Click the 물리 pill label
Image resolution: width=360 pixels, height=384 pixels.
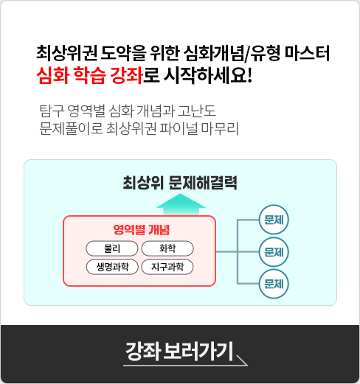[x=112, y=248]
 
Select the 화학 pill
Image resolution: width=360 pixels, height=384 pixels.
[x=167, y=248]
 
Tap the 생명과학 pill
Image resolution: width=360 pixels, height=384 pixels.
[x=112, y=267]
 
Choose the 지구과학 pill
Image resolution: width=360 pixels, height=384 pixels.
[x=167, y=267]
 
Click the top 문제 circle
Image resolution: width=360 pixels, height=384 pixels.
[x=274, y=220]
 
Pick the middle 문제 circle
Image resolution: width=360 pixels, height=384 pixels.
[x=274, y=252]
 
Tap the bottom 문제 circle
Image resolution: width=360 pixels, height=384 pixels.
[x=274, y=284]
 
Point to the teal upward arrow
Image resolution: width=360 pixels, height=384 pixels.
[x=181, y=204]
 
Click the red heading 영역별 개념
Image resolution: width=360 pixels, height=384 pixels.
[x=142, y=230]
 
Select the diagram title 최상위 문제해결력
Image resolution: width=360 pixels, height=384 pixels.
[x=180, y=183]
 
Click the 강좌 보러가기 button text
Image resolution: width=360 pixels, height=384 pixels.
[x=179, y=352]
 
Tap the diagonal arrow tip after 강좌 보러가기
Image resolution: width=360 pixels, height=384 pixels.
[x=247, y=366]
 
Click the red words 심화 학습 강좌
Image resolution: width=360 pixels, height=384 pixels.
[x=90, y=75]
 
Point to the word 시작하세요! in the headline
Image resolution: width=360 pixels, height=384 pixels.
[x=208, y=75]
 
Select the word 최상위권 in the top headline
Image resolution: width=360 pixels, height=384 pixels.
[x=67, y=53]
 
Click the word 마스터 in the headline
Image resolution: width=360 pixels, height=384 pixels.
[x=307, y=53]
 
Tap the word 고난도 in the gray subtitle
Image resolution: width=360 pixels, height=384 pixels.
[x=197, y=111]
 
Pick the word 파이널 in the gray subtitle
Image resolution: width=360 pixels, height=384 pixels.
[x=179, y=128]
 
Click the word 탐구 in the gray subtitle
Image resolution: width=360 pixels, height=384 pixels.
[x=52, y=111]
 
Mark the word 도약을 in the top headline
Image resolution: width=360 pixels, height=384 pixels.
[x=123, y=53]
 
